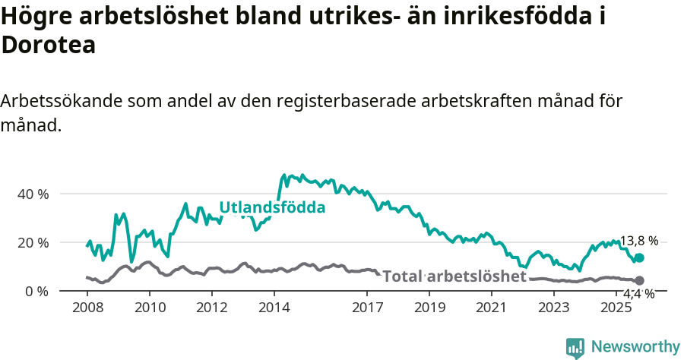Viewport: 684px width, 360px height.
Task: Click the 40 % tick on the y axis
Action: (33, 194)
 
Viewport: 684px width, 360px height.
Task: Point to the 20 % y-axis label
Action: (33, 242)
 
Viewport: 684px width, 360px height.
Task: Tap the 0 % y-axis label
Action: (36, 291)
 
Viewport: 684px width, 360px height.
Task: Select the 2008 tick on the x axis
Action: (87, 308)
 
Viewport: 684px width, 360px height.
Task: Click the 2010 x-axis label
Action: (149, 308)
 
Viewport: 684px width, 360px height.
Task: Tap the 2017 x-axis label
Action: (367, 308)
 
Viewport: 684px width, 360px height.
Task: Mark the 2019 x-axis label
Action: (429, 308)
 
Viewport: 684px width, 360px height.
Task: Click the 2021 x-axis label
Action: (492, 308)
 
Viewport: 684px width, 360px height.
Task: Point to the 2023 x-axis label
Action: (554, 308)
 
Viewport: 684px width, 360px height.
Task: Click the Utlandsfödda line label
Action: (272, 207)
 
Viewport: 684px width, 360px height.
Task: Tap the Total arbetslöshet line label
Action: (454, 276)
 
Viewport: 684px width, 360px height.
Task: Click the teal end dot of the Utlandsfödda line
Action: (639, 258)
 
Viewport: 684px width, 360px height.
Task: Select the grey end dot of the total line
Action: (639, 281)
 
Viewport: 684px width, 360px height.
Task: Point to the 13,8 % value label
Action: (639, 242)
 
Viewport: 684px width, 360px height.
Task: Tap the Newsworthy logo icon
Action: (575, 348)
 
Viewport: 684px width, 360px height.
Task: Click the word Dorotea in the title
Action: (49, 45)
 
